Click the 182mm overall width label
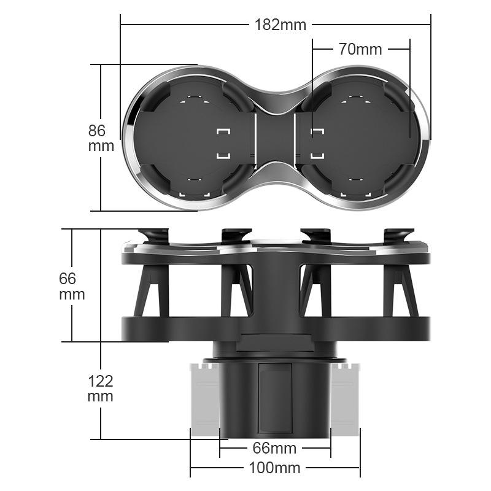pos(280,25)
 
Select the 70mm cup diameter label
pos(360,49)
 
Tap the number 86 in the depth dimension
pos(97,130)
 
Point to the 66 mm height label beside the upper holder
pos(72,286)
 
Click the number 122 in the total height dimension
pos(101,381)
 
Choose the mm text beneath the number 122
pos(101,396)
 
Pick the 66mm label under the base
pos(275,448)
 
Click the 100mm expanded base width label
pos(275,468)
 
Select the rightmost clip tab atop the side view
pos(399,235)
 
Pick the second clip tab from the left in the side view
pos(236,235)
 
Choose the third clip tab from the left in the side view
pos(315,235)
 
